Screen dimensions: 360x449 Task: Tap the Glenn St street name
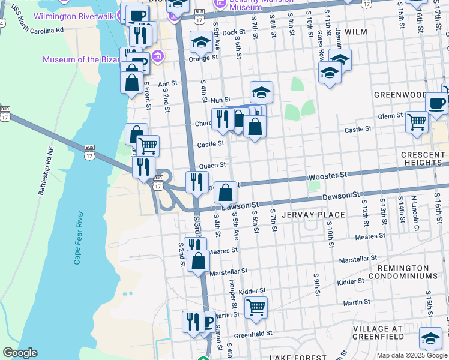pyautogui.click(x=390, y=116)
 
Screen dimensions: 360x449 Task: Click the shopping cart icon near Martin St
pyautogui.click(x=256, y=307)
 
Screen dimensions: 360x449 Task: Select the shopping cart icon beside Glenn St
pyautogui.click(x=417, y=121)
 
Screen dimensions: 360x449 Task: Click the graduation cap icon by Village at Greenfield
pyautogui.click(x=430, y=338)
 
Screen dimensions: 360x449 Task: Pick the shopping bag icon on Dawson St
pyautogui.click(x=225, y=193)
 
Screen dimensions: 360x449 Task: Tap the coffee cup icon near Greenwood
pyautogui.click(x=436, y=102)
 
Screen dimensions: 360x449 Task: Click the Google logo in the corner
pyautogui.click(x=20, y=353)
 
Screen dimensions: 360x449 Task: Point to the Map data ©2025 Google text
pyautogui.click(x=412, y=355)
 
